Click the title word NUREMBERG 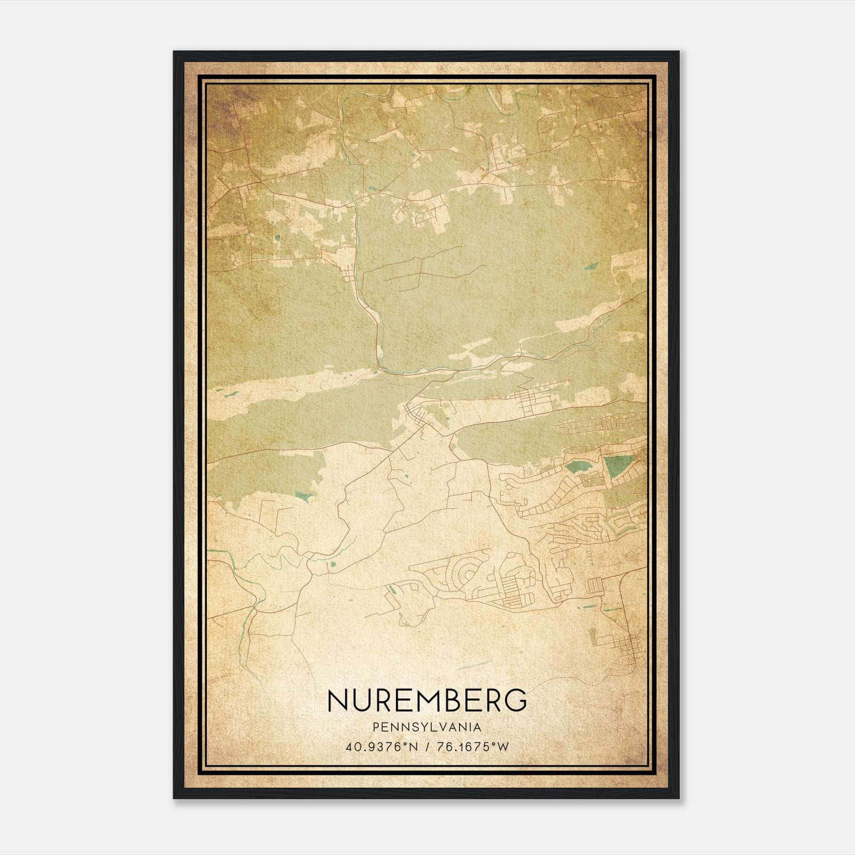click(x=427, y=701)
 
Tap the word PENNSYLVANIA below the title click(x=427, y=727)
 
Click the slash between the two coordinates click(x=428, y=747)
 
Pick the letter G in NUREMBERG click(x=516, y=701)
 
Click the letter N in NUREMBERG click(x=338, y=701)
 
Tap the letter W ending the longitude click(x=503, y=747)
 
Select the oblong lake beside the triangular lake click(x=580, y=468)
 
